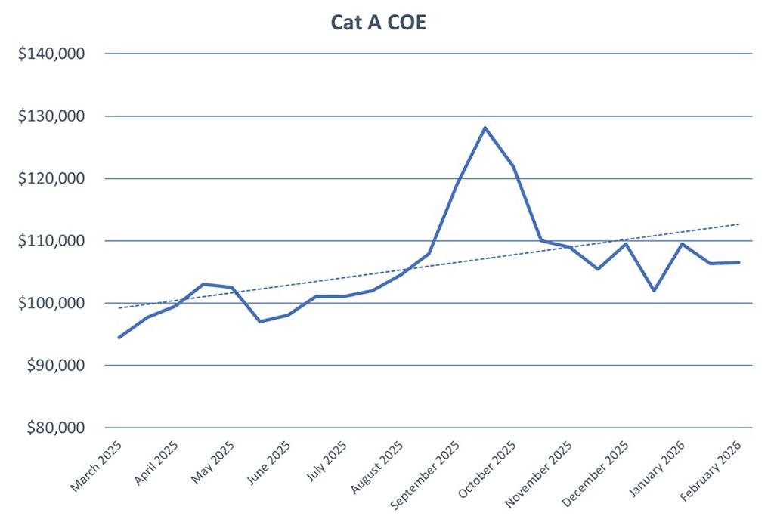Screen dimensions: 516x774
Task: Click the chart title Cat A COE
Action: coord(379,23)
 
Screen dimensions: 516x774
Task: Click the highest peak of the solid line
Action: coord(485,128)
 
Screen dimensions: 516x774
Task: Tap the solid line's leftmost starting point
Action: coord(119,337)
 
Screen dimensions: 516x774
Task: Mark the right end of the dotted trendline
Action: coord(739,224)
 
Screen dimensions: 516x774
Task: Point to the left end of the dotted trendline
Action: coord(119,308)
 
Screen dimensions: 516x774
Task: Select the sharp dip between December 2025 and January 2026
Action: coord(654,290)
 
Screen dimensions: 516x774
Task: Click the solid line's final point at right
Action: coord(739,262)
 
